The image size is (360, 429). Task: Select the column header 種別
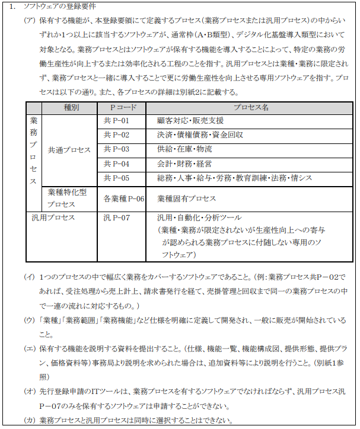pos(71,108)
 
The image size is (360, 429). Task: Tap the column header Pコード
pos(124,108)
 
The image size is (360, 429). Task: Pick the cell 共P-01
pos(116,121)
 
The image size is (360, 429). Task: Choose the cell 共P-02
pos(116,135)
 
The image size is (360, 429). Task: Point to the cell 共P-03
pos(116,149)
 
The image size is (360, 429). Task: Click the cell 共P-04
pos(116,164)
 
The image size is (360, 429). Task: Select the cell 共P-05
pos(116,178)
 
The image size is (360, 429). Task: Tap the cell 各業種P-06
pos(124,199)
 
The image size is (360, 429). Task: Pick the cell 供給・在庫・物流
pos(184,149)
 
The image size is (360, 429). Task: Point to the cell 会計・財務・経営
pos(184,164)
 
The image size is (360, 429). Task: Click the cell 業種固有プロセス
pos(187,199)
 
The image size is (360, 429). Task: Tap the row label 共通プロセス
pos(69,149)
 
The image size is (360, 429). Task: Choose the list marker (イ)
pos(29,277)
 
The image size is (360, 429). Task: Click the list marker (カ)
pos(29,420)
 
